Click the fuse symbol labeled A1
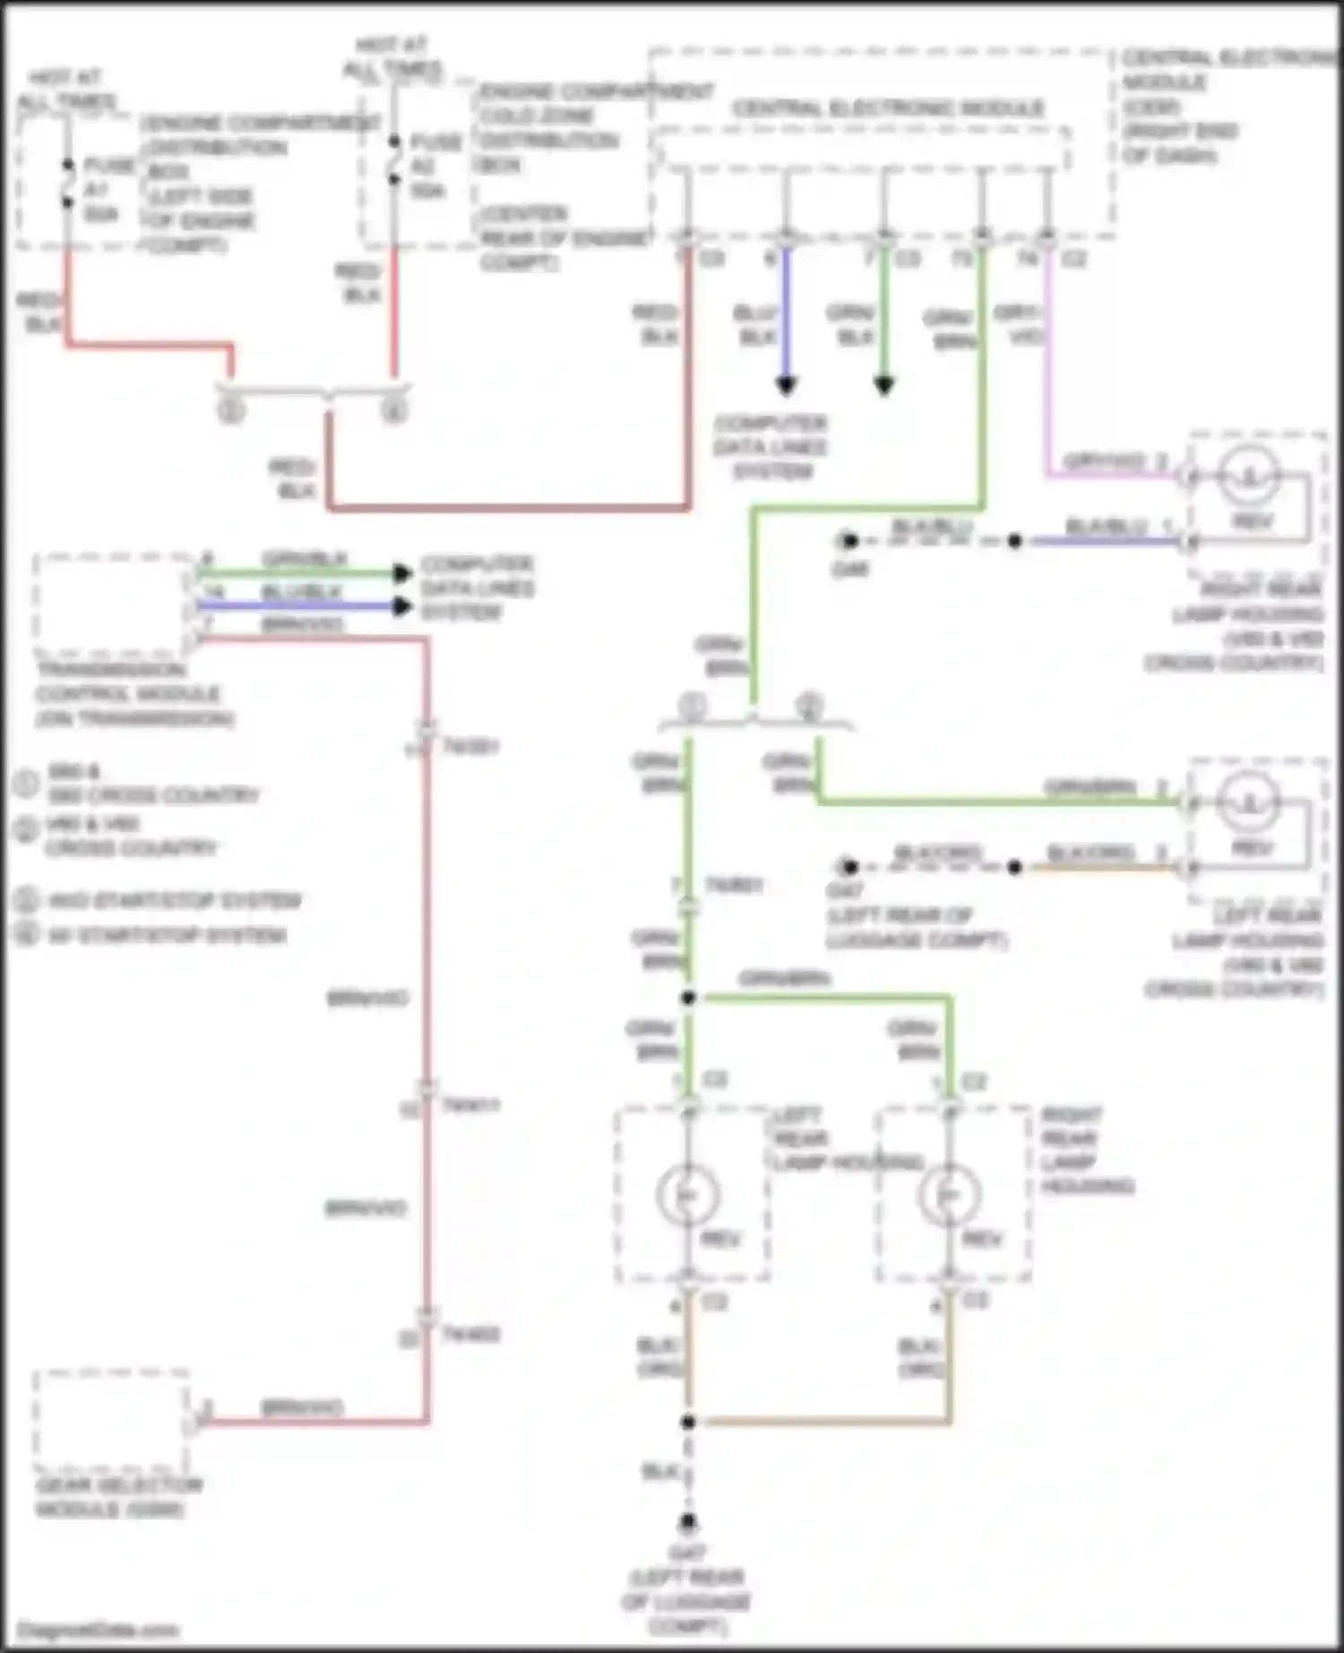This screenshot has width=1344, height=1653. click(x=67, y=183)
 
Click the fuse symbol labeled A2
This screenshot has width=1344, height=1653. click(x=394, y=160)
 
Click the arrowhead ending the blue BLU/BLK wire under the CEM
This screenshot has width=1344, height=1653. click(x=786, y=386)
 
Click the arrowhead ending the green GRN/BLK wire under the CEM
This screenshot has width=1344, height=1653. click(x=884, y=386)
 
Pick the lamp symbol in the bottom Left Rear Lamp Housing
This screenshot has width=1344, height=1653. click(x=687, y=1195)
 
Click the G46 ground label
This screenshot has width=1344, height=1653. click(x=849, y=568)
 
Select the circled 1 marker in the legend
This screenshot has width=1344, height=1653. click(x=26, y=784)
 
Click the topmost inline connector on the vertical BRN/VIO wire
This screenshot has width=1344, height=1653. click(x=426, y=744)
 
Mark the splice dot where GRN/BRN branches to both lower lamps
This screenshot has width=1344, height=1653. click(x=688, y=998)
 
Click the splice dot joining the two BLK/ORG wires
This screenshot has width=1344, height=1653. click(x=688, y=1421)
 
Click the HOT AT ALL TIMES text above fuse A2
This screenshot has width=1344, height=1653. click(x=392, y=56)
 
